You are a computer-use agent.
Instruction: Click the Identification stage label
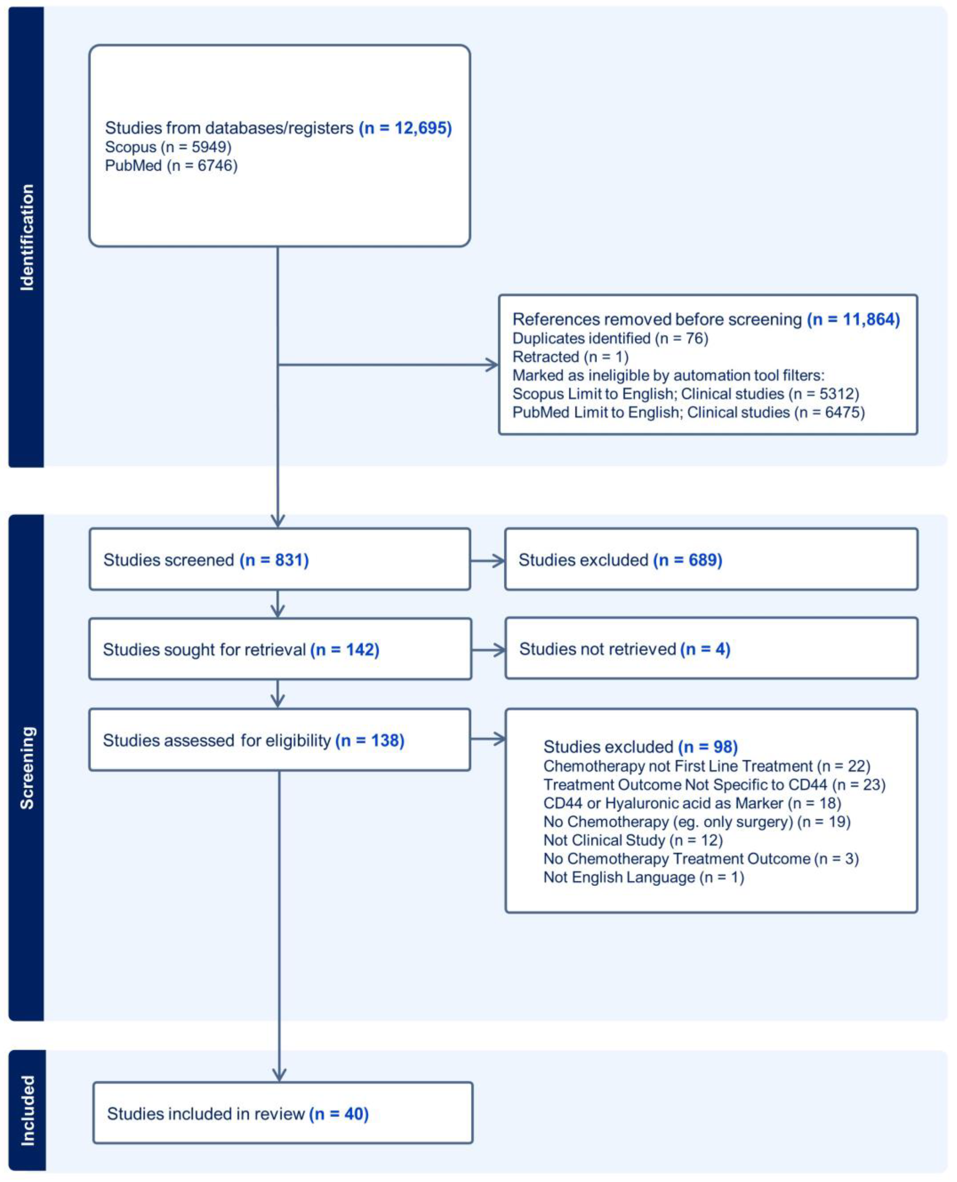point(26,237)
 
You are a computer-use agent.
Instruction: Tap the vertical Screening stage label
point(26,768)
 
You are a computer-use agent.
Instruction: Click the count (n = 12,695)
point(405,128)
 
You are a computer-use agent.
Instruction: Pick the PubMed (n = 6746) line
point(171,166)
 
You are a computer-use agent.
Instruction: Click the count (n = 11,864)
point(853,319)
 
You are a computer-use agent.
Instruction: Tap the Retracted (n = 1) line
point(571,357)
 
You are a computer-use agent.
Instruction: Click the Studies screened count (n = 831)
point(274,560)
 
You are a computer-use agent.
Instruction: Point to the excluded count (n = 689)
point(688,560)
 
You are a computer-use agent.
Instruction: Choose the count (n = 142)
point(345,649)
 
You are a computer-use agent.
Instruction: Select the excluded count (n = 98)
point(708,746)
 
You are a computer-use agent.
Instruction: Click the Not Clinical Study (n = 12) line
point(633,840)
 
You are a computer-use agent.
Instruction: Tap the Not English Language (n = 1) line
point(643,877)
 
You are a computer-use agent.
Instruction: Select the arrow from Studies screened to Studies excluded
point(488,561)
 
